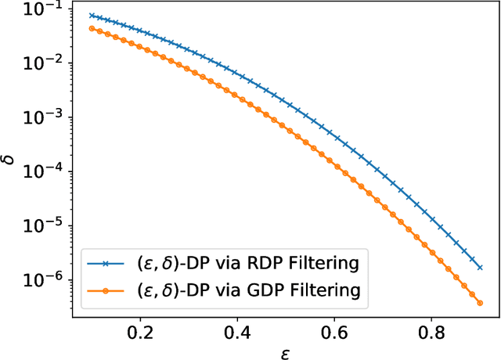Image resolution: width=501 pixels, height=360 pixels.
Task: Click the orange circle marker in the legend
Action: coord(107,291)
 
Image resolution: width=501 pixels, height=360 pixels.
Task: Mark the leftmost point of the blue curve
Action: coord(92,15)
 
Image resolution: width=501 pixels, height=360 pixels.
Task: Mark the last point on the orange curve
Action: coord(480,303)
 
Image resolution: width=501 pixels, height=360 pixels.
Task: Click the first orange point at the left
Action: coord(92,28)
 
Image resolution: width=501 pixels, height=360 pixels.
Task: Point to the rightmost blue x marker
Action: coord(480,268)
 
